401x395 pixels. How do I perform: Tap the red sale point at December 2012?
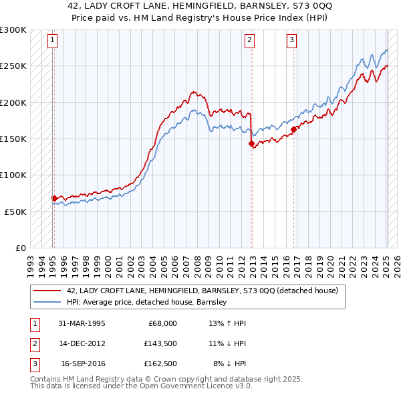click(x=251, y=143)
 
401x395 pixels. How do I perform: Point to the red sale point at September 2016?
click(x=293, y=129)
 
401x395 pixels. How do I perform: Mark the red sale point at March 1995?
click(x=54, y=198)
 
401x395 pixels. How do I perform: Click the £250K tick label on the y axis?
click(x=13, y=66)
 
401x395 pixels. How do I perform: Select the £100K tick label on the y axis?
click(x=13, y=175)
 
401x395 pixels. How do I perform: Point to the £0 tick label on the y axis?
click(x=20, y=248)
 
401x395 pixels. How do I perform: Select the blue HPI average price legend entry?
click(x=147, y=302)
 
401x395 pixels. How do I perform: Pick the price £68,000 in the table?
click(x=162, y=323)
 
